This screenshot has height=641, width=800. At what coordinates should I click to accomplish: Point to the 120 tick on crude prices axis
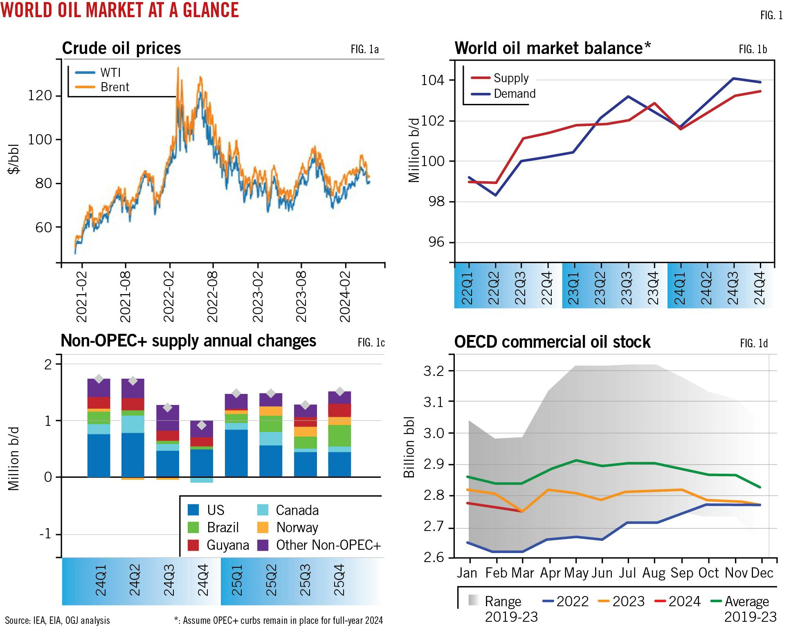40,96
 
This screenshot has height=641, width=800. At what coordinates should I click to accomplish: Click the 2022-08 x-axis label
212,297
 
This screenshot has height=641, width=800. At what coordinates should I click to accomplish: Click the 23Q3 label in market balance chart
626,288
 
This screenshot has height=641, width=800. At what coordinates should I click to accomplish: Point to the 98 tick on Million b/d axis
435,202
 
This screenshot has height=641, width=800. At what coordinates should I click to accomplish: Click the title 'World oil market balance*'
552,48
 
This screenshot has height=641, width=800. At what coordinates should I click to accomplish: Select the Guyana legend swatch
193,545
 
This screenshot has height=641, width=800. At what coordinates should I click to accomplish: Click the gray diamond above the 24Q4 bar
202,425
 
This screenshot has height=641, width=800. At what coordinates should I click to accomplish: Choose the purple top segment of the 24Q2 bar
133,389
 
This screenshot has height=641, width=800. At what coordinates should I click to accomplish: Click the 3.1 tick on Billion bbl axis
433,402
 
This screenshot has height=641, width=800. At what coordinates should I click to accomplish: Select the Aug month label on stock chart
654,573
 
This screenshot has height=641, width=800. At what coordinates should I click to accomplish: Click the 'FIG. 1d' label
754,343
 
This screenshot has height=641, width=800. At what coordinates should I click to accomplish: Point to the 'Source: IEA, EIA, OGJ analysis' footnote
58,621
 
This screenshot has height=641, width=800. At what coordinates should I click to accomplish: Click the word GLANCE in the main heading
211,10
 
